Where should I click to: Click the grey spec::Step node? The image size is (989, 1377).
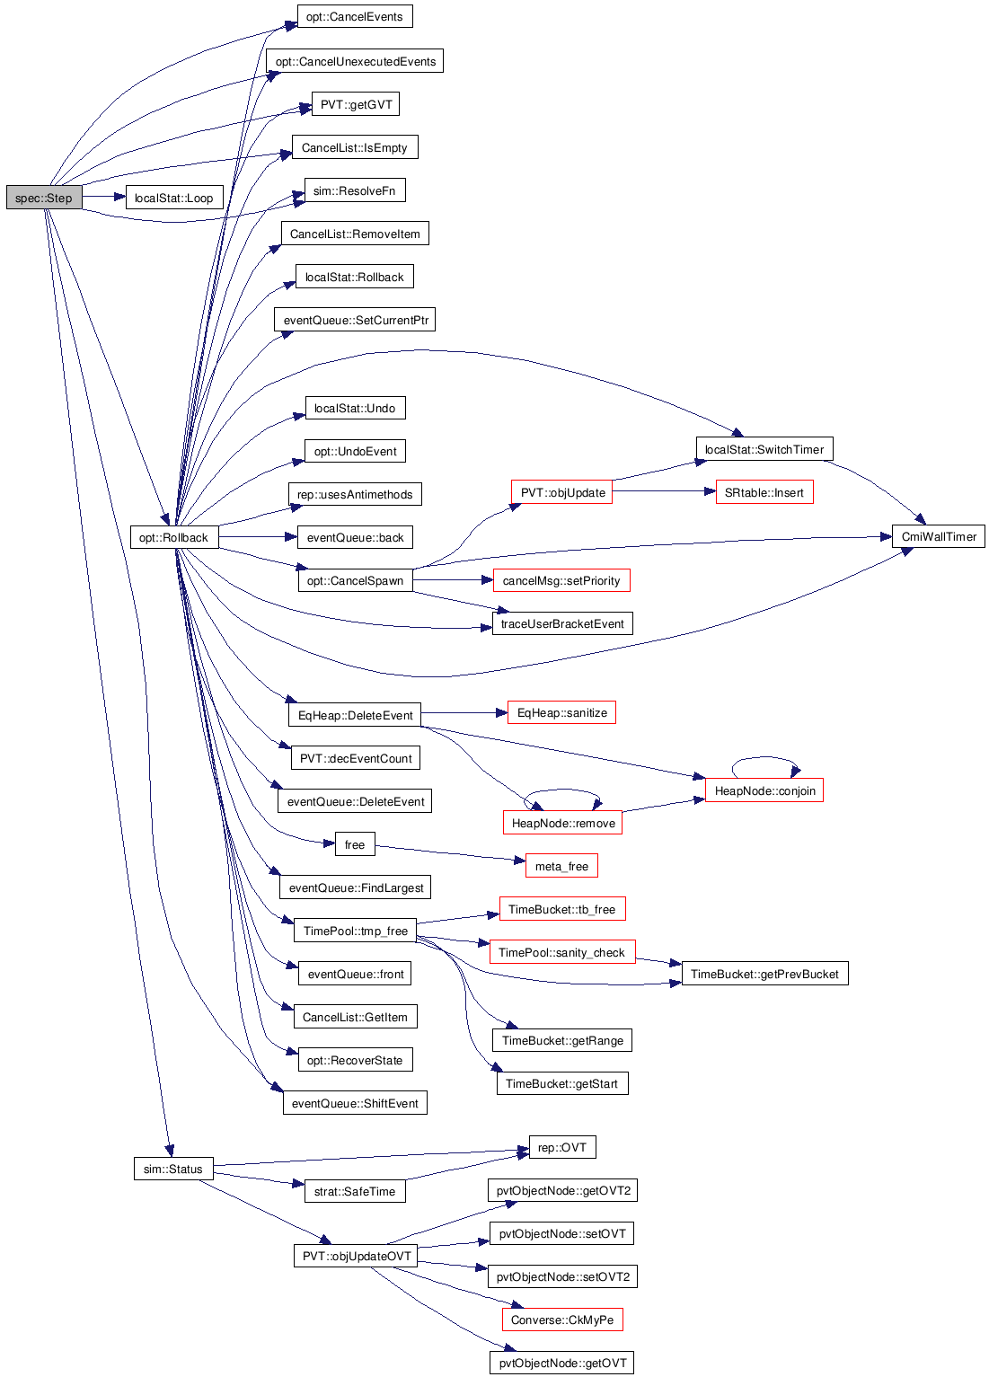pos(44,198)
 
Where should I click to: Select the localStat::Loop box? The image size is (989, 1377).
pos(174,198)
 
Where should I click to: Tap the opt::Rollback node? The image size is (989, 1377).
pos(174,536)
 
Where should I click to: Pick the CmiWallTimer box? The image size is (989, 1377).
pos(938,536)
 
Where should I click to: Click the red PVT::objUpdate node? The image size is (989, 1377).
pos(561,492)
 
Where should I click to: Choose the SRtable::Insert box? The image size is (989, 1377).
pos(764,492)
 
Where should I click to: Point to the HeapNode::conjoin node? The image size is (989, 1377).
pos(764,790)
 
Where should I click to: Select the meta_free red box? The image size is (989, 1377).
pos(561,866)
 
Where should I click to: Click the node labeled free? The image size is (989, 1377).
pos(355,844)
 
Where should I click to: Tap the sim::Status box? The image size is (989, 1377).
pos(173,1168)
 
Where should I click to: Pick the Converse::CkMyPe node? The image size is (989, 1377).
pos(562,1320)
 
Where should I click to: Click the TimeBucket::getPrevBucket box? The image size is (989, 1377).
pos(764,973)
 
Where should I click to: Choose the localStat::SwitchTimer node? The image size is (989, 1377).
pos(764,449)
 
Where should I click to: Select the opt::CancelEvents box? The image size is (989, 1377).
pos(355,16)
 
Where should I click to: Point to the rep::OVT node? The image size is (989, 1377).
pos(562,1146)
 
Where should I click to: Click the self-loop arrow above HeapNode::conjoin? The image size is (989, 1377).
pos(764,758)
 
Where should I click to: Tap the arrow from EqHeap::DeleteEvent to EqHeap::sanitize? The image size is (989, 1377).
pos(464,712)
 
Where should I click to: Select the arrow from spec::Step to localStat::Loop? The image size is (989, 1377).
pos(104,197)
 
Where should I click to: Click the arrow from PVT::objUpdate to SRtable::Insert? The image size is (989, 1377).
pos(664,490)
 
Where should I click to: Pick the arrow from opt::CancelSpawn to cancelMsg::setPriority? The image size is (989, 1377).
pos(453,579)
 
